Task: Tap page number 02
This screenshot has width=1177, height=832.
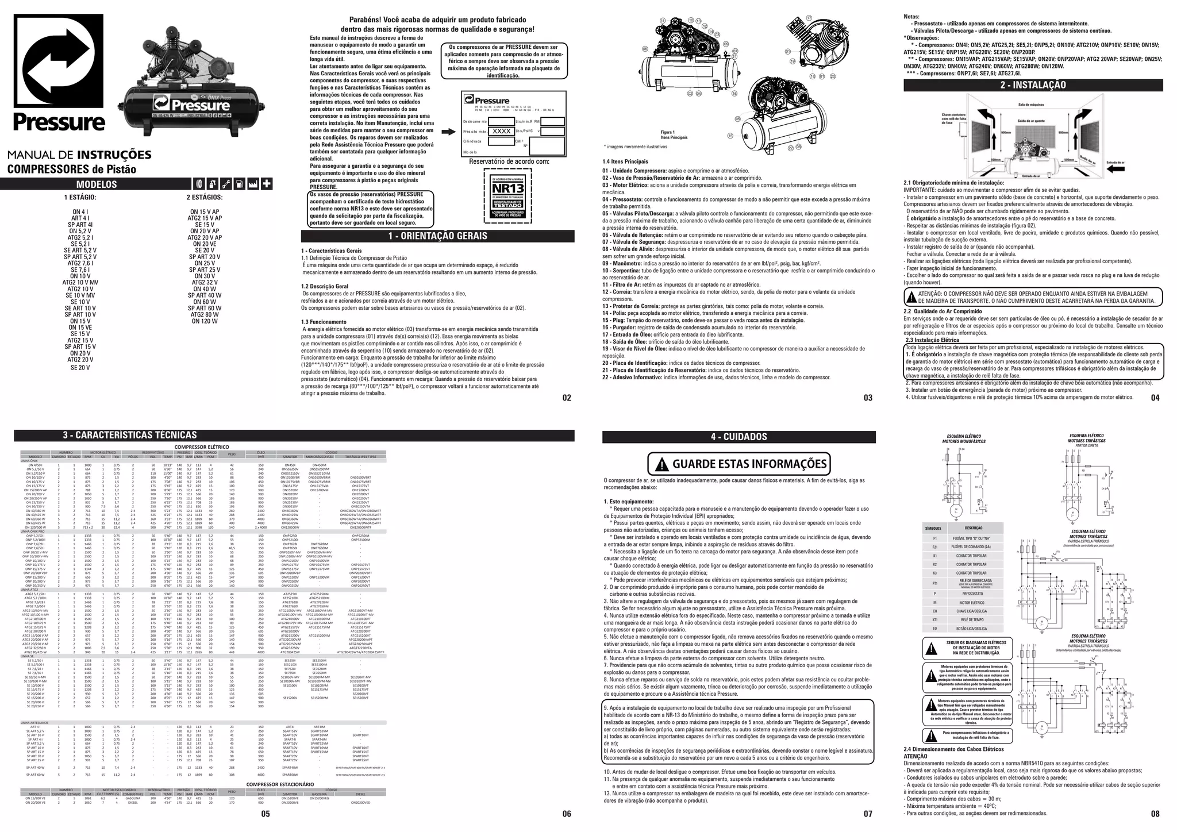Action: coord(567,398)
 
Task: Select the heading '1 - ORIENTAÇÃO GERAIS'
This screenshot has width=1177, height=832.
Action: coord(437,236)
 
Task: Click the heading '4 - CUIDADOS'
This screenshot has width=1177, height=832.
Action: coord(738,437)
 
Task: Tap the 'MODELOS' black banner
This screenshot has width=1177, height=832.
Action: coord(97,184)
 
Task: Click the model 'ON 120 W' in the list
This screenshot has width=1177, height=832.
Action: coord(205,321)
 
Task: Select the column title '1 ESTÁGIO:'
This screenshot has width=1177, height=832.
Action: coord(80,198)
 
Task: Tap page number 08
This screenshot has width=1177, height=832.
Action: coord(1155,814)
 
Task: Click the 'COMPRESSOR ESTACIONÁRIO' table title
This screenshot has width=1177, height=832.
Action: coord(280,784)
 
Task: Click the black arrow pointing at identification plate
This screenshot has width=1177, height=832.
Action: coord(448,132)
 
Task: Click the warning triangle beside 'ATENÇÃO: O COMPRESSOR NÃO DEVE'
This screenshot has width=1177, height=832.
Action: coord(911,297)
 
